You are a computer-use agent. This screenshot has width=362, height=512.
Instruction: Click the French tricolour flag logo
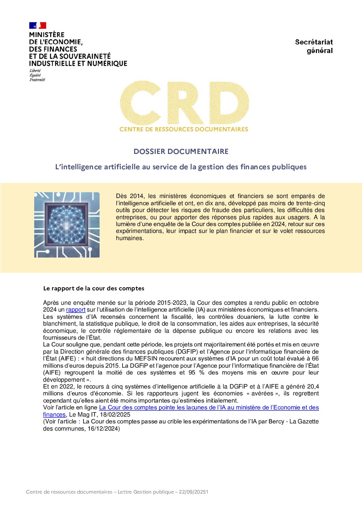pyautogui.click(x=38, y=25)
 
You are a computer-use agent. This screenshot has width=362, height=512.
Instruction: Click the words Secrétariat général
pyautogui.click(x=314, y=46)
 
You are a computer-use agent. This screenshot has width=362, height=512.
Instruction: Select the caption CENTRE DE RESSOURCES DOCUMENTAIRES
pyautogui.click(x=184, y=129)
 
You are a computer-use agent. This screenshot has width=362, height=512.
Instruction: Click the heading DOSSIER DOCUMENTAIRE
pyautogui.click(x=181, y=152)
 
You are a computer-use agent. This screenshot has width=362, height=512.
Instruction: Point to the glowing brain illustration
pyautogui.click(x=67, y=225)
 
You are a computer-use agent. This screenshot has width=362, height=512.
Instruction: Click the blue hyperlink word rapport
pyautogui.click(x=76, y=310)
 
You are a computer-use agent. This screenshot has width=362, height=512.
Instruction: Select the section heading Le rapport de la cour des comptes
pyautogui.click(x=93, y=288)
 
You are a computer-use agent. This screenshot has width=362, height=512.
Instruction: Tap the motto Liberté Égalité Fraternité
pyautogui.click(x=37, y=75)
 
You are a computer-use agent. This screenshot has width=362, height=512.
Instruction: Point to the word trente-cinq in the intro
pyautogui.click(x=310, y=203)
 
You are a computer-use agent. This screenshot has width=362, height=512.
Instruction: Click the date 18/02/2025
pyautogui.click(x=115, y=415)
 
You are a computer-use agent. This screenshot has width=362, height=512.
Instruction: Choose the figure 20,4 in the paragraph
pyautogui.click(x=313, y=387)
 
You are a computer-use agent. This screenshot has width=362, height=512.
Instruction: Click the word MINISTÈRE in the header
pyautogui.click(x=47, y=35)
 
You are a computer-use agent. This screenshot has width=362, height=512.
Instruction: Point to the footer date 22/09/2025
pyautogui.click(x=194, y=492)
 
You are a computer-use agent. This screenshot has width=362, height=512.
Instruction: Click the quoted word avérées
pyautogui.click(x=263, y=394)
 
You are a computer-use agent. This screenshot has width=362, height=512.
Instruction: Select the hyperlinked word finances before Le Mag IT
pyautogui.click(x=54, y=415)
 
